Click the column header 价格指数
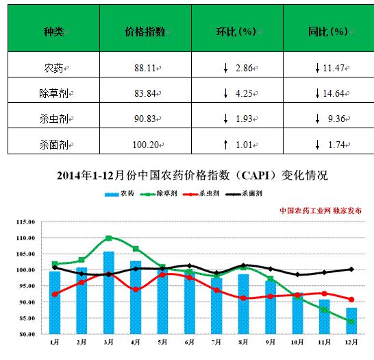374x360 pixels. point(145,32)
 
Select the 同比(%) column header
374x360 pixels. point(328,32)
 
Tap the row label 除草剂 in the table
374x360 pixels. point(54,93)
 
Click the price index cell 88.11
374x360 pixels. point(145,68)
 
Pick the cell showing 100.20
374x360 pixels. point(145,145)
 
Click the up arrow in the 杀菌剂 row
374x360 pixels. point(225,145)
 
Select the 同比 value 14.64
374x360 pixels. point(333,93)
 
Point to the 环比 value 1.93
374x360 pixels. point(244,119)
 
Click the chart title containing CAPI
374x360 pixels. point(192,176)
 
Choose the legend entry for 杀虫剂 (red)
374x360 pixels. point(201,193)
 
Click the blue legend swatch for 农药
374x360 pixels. point(112,195)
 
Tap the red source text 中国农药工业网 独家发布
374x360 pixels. point(321,211)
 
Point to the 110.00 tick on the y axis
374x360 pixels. point(26,238)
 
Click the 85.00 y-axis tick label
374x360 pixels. point(27,318)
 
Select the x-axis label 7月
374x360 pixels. point(216,342)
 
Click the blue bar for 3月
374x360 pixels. point(109,293)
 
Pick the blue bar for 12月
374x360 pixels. point(351,321)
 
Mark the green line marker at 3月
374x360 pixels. point(108,238)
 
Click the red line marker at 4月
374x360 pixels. point(136,289)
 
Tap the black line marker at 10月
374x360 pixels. point(297,274)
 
